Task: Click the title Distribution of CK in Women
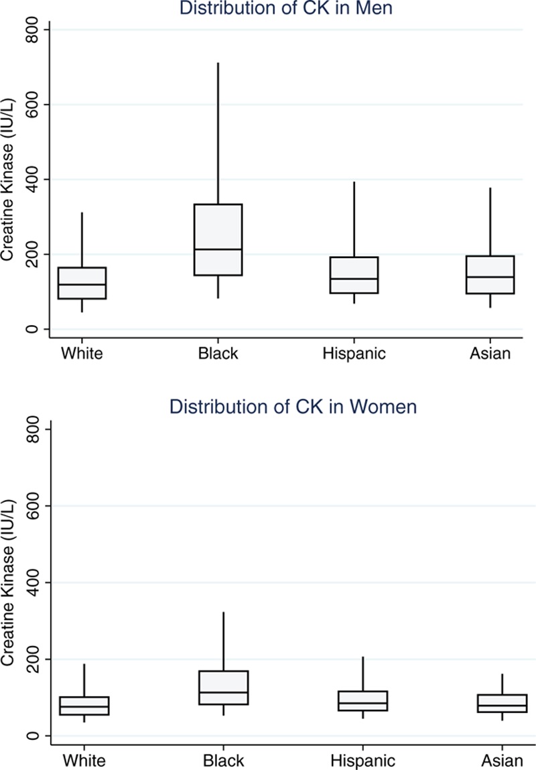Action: [x=293, y=407]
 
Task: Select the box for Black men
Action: [x=218, y=239]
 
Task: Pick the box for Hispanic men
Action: [x=354, y=275]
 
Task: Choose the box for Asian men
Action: [x=490, y=275]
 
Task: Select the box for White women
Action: [x=84, y=706]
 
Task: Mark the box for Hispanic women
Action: [x=362, y=700]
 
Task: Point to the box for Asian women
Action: [x=502, y=703]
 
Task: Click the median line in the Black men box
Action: [x=218, y=249]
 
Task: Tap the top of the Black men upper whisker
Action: [x=218, y=63]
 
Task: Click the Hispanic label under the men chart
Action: [x=354, y=354]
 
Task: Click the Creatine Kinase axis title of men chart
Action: [x=9, y=180]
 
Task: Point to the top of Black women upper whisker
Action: [x=223, y=612]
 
